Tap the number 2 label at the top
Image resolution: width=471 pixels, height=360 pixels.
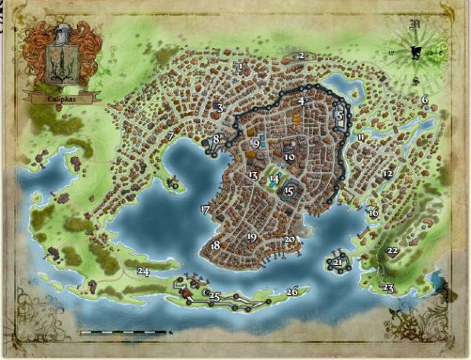(x=301, y=56)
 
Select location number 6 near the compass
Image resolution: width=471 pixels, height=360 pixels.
(x=424, y=100)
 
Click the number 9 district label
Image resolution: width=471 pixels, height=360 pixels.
(x=257, y=144)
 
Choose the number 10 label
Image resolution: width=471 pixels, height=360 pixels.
(x=290, y=157)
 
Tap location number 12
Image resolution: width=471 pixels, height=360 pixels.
(x=387, y=173)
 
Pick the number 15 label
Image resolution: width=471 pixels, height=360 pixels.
(x=289, y=191)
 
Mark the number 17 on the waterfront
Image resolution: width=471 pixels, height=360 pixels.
(x=205, y=209)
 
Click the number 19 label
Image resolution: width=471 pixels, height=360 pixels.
(x=251, y=236)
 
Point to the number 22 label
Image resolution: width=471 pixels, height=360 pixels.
(x=392, y=251)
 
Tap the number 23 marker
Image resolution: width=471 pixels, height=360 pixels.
(x=388, y=289)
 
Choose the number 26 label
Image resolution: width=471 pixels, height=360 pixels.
(x=292, y=292)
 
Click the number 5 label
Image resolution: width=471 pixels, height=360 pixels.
(x=340, y=115)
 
